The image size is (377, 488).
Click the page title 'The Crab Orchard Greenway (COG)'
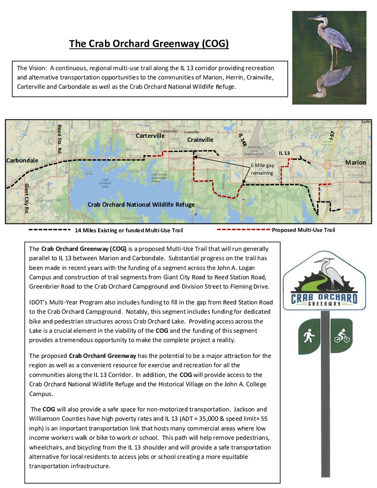(149, 44)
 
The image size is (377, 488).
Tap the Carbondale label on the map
(22, 160)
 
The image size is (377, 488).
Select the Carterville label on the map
(150, 136)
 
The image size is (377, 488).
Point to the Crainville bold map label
(200, 140)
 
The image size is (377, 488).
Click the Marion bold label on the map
(355, 162)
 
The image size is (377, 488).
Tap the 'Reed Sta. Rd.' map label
(59, 139)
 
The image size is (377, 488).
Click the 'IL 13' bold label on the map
(285, 153)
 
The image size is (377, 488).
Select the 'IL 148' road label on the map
(242, 141)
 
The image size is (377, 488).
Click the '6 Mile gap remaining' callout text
(262, 169)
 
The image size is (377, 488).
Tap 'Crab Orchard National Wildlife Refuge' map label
(141, 204)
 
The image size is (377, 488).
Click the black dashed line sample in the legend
(49, 229)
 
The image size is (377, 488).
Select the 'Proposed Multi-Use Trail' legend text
(303, 230)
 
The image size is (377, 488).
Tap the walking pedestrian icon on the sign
(309, 336)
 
